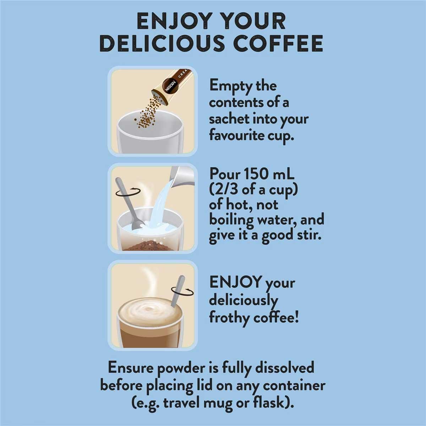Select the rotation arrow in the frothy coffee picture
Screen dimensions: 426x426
click(182, 292)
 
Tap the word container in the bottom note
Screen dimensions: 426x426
click(294, 386)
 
